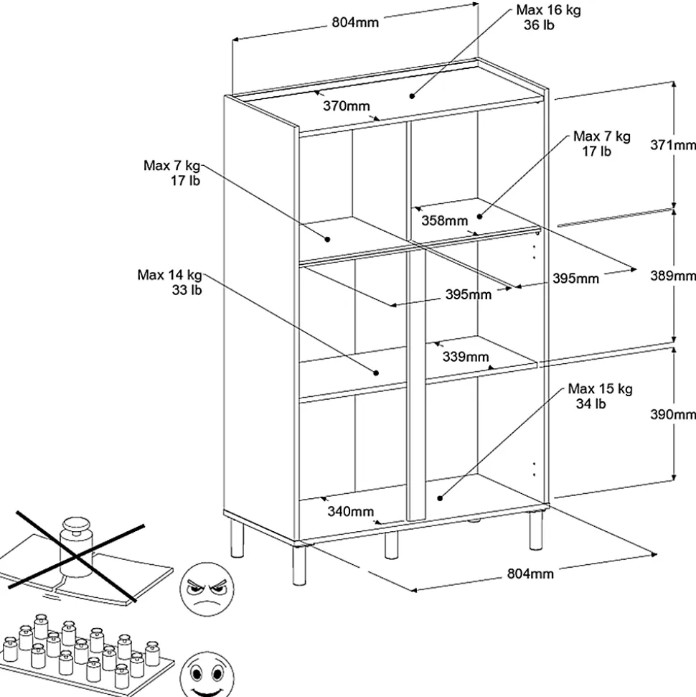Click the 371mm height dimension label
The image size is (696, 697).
pyautogui.click(x=673, y=145)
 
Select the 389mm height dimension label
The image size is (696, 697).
pyautogui.click(x=673, y=276)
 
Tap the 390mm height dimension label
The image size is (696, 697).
pyautogui.click(x=673, y=414)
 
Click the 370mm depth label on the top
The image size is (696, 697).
pyautogui.click(x=347, y=106)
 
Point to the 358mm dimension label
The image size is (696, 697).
pyautogui.click(x=444, y=220)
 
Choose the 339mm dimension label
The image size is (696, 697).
pyautogui.click(x=466, y=357)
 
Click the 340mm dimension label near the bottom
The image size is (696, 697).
pyautogui.click(x=351, y=511)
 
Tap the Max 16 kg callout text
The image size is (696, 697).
pyautogui.click(x=548, y=10)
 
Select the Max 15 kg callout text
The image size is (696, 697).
pyautogui.click(x=600, y=389)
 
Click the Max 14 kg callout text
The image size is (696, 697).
pyautogui.click(x=169, y=275)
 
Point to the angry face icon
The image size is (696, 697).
pyautogui.click(x=207, y=589)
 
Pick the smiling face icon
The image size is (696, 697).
pyautogui.click(x=207, y=675)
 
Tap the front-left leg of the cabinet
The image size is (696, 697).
pyautogui.click(x=299, y=564)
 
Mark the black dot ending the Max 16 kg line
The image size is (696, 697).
pyautogui.click(x=412, y=95)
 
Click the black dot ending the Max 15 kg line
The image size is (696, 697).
pyautogui.click(x=440, y=498)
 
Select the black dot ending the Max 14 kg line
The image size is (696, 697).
pyautogui.click(x=376, y=373)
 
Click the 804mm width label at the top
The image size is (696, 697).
pyautogui.click(x=355, y=22)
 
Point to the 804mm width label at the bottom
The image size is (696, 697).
pyautogui.click(x=530, y=574)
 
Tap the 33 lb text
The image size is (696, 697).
pyautogui.click(x=187, y=290)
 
